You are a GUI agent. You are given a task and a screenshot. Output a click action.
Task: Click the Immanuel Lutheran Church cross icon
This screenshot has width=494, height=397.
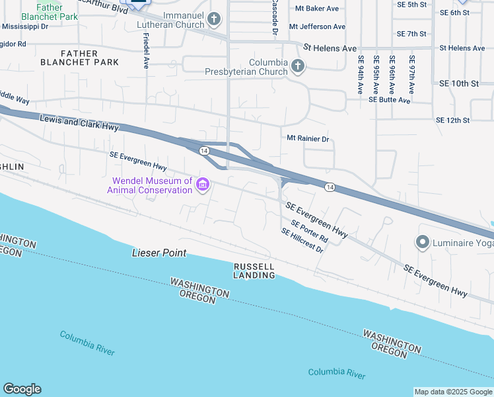click(213, 20)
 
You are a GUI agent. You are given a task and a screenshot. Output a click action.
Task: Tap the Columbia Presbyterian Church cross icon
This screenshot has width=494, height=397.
click(298, 65)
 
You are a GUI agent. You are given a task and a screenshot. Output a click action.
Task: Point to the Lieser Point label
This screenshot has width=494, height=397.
click(159, 253)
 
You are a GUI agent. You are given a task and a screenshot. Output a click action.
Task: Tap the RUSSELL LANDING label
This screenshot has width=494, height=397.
click(254, 271)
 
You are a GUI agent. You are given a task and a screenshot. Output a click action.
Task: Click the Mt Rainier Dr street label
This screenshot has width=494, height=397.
click(307, 138)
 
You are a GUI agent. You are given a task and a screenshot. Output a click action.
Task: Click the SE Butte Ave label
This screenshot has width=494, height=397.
click(390, 99)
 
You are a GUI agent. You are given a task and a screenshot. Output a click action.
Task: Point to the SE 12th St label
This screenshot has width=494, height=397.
click(452, 120)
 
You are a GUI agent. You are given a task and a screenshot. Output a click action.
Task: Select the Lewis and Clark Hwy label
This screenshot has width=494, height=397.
click(79, 122)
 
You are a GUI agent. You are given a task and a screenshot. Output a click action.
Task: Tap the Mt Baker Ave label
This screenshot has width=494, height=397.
click(317, 9)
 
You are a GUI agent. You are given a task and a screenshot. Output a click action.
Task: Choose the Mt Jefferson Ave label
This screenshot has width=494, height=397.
click(322, 27)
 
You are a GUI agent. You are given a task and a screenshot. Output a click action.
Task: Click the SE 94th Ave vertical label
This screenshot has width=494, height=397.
click(361, 74)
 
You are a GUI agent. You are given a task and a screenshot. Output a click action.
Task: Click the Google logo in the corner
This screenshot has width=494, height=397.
click(22, 389)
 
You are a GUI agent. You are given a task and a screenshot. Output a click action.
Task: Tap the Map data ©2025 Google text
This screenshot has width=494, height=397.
click(452, 392)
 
